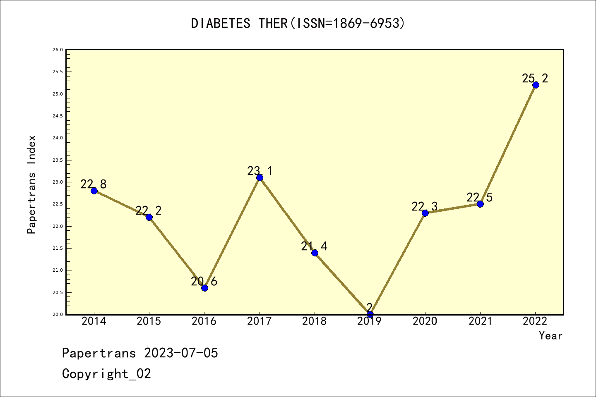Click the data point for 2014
point(94,191)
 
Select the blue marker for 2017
point(260,177)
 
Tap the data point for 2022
point(536,85)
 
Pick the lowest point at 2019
point(370,314)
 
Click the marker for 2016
point(204,288)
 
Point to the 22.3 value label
point(424,206)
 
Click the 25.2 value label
point(535,78)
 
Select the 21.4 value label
point(314,246)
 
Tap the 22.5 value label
point(479,197)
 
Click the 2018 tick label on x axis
point(315,321)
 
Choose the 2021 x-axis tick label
point(480,321)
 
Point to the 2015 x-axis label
point(149,321)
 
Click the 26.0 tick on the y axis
point(58,50)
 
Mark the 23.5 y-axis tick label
point(58,160)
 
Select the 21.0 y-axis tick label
point(58,270)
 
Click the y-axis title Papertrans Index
point(32,184)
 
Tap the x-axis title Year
point(550,336)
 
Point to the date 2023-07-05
point(181,353)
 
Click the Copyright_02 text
point(106,374)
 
